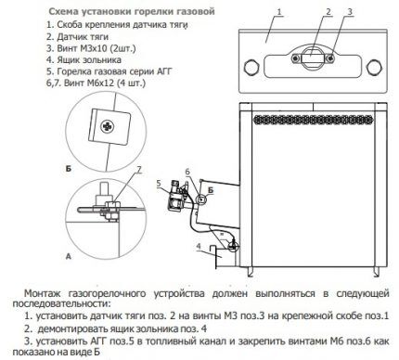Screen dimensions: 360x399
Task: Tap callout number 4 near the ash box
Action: tap(199, 246)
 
